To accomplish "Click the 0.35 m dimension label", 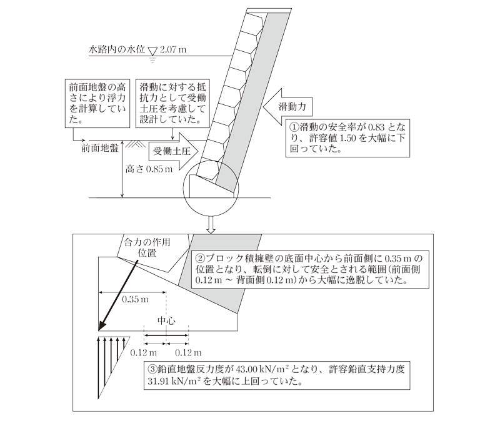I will point(134,299).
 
